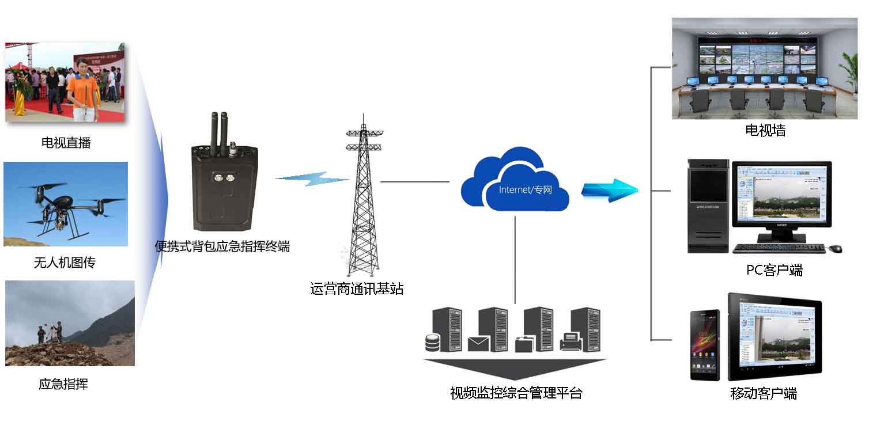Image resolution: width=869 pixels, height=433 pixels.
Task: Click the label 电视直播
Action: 66,143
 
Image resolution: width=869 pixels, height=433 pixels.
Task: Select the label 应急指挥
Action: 63,384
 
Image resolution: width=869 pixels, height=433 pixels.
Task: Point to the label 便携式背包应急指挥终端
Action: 222,246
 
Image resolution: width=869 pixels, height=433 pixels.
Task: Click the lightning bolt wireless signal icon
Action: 312,179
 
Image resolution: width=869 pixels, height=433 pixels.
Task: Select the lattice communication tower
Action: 364,196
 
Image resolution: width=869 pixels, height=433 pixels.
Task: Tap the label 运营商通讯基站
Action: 357,288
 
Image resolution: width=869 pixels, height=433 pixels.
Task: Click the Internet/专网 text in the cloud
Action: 525,189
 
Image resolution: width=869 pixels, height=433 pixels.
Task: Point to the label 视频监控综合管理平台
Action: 516,393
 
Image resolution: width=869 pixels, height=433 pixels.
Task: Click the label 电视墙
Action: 765,131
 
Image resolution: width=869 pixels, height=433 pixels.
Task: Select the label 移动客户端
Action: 764,394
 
